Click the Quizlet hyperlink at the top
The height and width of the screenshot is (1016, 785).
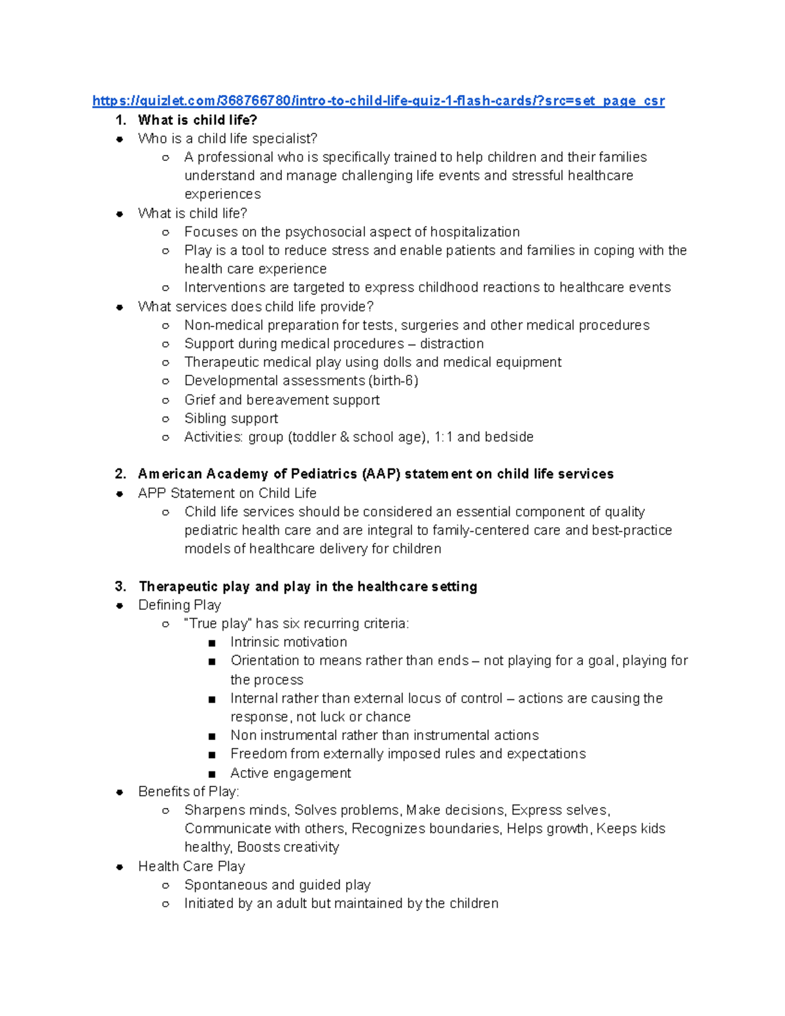click(378, 101)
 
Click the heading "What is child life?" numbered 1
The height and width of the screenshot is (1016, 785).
click(198, 120)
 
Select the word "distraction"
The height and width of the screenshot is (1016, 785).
click(451, 343)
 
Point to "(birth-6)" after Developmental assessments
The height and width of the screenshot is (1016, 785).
click(393, 381)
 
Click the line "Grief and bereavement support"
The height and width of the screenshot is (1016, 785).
click(281, 400)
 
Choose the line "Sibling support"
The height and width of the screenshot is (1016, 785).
click(231, 418)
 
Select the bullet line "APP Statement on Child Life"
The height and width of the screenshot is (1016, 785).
click(227, 493)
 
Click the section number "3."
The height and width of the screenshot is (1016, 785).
click(120, 586)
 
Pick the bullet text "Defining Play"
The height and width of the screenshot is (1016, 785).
click(179, 605)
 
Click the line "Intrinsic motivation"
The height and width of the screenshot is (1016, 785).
click(288, 642)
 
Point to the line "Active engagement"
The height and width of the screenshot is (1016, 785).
click(290, 773)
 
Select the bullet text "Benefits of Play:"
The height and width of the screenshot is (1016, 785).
click(188, 792)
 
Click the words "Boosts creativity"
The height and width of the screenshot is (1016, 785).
click(288, 847)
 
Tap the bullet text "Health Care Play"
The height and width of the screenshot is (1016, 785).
click(191, 866)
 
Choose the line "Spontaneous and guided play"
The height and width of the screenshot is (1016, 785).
click(277, 885)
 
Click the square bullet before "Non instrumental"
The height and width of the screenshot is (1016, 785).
click(211, 736)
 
